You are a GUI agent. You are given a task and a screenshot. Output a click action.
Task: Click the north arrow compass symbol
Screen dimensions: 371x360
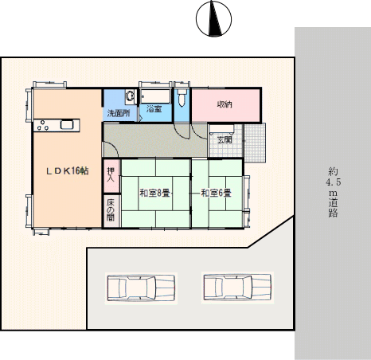point(213,18)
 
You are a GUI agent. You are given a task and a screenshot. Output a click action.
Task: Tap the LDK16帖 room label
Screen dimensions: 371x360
point(68,171)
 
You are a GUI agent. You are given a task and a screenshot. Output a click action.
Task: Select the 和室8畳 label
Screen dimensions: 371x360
point(154,193)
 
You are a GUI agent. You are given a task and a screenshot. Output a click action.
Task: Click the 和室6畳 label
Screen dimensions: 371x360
point(216,193)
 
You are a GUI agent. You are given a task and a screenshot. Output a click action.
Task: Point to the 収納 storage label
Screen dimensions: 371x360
point(225,104)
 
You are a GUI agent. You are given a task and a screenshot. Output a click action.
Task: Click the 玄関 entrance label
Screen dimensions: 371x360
point(225,139)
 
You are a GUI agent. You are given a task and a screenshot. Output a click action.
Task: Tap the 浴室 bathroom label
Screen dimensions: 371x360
point(154,108)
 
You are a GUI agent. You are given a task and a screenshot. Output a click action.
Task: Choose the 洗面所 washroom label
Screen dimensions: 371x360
point(119,113)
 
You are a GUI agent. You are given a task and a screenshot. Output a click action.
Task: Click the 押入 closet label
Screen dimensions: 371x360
point(111,175)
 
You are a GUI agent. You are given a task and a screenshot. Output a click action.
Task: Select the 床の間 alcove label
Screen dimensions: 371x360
point(111,210)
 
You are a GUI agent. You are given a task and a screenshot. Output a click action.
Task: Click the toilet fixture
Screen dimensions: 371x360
point(182,97)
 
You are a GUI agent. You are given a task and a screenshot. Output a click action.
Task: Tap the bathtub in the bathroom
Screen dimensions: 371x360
point(155,96)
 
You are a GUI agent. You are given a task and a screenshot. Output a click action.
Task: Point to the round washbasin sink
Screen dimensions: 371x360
point(130,96)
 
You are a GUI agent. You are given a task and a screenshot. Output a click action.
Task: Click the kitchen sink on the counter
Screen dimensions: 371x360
point(67,125)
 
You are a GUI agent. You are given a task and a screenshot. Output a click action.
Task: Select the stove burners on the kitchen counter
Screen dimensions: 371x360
point(43,125)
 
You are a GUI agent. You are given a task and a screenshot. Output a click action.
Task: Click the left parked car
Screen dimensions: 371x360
point(141,288)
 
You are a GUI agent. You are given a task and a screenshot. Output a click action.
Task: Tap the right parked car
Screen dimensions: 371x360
point(237,288)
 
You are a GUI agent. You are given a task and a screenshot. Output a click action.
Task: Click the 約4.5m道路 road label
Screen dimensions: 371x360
point(333,192)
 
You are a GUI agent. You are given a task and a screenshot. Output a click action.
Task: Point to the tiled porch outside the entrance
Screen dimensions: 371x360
point(255,143)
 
